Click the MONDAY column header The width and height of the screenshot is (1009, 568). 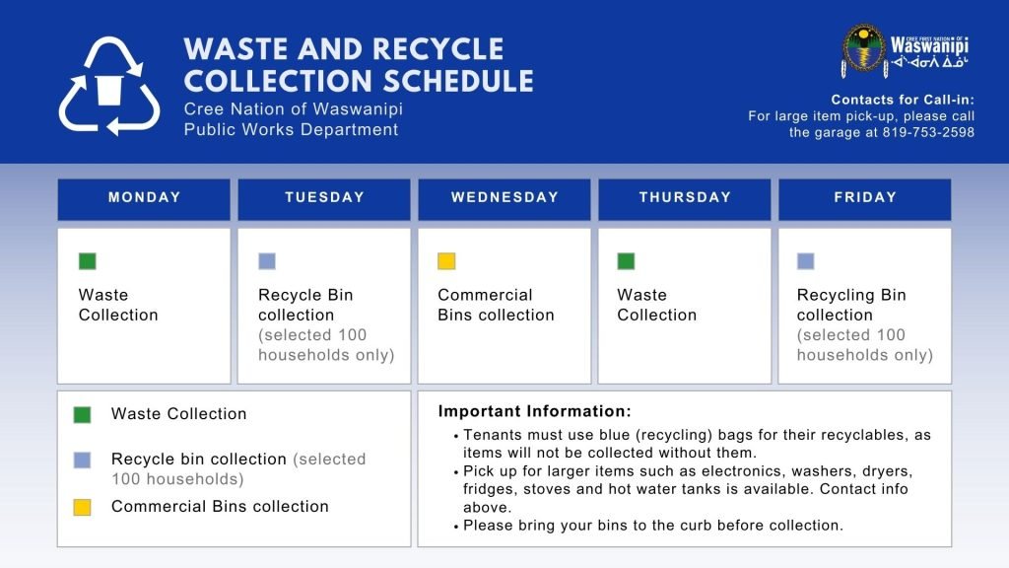[144, 199]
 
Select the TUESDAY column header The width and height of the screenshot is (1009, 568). [324, 199]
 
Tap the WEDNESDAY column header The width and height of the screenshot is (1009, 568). [504, 199]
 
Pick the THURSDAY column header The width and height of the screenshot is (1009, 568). [685, 199]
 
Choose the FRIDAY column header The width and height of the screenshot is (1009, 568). [865, 199]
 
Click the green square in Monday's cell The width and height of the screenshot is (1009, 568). [88, 260]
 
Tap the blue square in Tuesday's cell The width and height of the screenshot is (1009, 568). [267, 260]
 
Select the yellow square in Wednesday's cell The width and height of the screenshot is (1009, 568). [446, 260]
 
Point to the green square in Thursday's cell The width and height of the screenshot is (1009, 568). [626, 260]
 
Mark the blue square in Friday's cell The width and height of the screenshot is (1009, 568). [806, 260]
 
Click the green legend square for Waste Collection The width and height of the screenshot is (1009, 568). [83, 415]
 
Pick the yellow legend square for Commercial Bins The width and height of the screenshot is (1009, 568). [83, 508]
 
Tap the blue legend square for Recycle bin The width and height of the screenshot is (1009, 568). [83, 461]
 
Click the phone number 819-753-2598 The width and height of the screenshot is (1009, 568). [928, 133]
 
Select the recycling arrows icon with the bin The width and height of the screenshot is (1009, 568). [109, 87]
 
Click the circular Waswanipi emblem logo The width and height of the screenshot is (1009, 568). [863, 49]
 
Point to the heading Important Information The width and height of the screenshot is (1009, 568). [535, 411]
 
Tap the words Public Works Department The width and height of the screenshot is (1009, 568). [291, 130]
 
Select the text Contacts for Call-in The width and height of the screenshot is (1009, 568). [903, 100]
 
